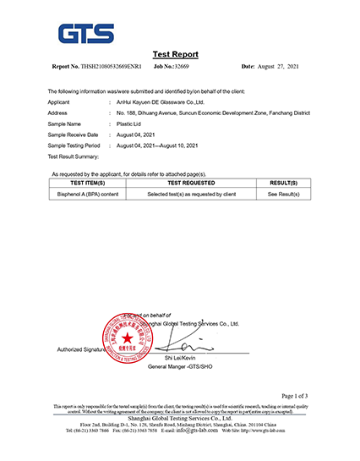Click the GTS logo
(x=85, y=33)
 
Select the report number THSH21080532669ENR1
(x=112, y=65)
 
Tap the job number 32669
(x=183, y=65)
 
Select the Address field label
(x=59, y=113)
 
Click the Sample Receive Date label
(x=74, y=134)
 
